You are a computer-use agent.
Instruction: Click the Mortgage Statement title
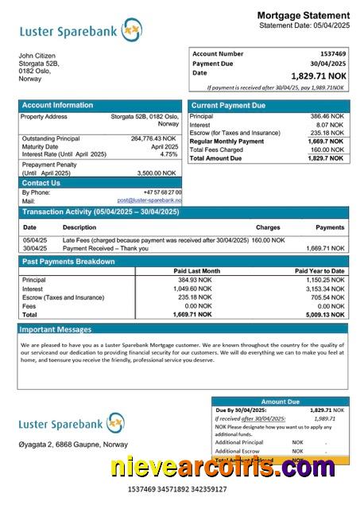pos(303,15)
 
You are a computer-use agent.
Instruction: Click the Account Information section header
pos(57,105)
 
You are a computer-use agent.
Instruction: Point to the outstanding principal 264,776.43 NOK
pos(153,138)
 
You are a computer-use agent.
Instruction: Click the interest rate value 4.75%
pos(169,154)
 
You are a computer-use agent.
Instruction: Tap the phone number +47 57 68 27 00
pos(162,192)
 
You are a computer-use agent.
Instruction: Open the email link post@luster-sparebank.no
pos(149,201)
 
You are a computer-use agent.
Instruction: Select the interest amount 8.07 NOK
pos(329,125)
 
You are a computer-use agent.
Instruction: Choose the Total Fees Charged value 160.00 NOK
pos(326,150)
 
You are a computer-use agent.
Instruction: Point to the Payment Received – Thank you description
pos(103,248)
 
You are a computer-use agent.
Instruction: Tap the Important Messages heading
pos(56,328)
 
